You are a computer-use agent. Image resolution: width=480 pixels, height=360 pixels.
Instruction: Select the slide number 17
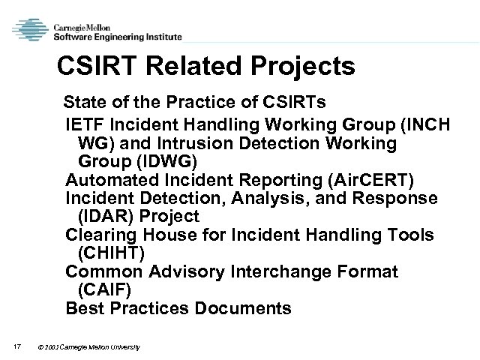pyautogui.click(x=16, y=346)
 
